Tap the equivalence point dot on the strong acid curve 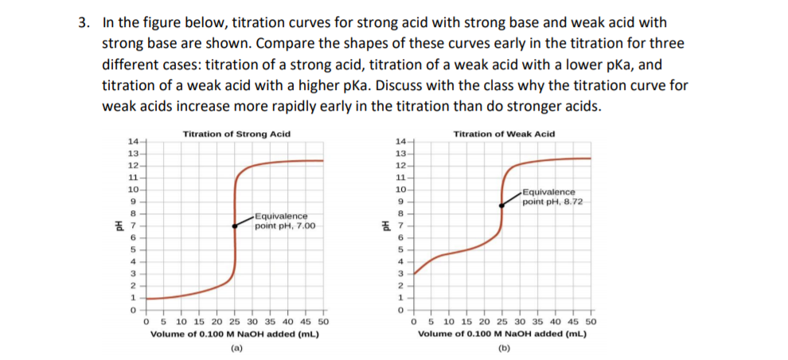(233, 225)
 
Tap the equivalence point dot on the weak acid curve (501, 204)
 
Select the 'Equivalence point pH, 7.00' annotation (285, 221)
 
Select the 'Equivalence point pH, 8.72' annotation (553, 197)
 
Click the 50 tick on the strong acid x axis (322, 323)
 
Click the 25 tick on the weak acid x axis (501, 323)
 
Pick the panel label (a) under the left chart (236, 347)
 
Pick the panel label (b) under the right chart (503, 347)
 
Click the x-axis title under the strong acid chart (235, 335)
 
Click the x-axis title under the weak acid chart (503, 335)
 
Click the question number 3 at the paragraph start (82, 22)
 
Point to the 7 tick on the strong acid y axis (134, 225)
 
